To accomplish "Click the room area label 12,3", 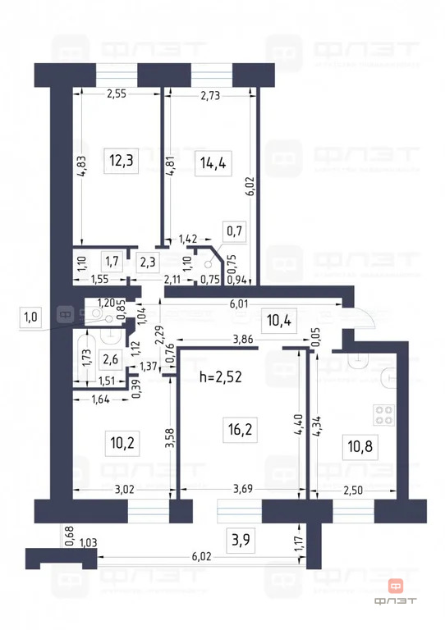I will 122,162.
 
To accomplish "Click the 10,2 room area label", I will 122,444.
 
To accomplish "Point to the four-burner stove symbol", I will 383,414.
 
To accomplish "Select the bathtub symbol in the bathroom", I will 82,362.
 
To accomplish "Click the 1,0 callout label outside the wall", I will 30,317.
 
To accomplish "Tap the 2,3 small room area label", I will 147,262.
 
